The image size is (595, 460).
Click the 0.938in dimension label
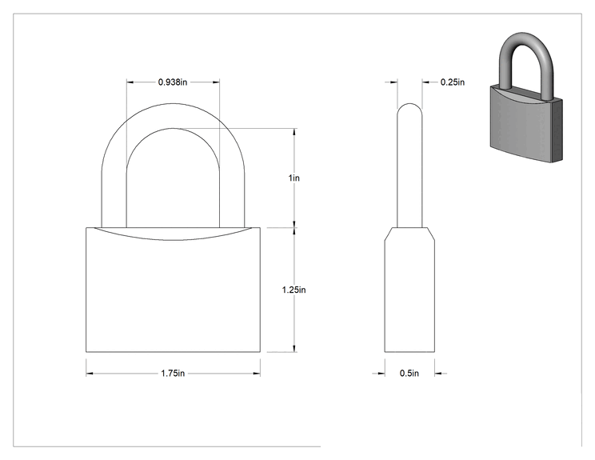click(173, 82)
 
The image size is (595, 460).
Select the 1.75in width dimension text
click(173, 374)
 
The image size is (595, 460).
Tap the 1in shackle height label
click(294, 178)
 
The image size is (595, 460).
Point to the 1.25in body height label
click(294, 290)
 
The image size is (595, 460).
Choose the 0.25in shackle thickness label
click(453, 82)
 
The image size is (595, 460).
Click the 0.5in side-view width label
click(409, 374)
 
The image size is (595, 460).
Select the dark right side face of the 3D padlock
click(557, 130)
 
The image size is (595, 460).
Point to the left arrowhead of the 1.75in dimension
click(90, 374)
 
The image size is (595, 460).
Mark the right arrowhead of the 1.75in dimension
click(257, 374)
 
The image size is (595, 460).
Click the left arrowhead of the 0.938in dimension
click(130, 82)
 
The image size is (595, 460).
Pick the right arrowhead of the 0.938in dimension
click(216, 82)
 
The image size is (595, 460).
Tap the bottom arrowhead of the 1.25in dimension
click(294, 349)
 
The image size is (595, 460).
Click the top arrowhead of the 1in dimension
click(294, 132)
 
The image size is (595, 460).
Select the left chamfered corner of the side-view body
click(388, 234)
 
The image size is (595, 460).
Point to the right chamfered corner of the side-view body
click(431, 234)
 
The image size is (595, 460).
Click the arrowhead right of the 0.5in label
click(439, 374)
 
